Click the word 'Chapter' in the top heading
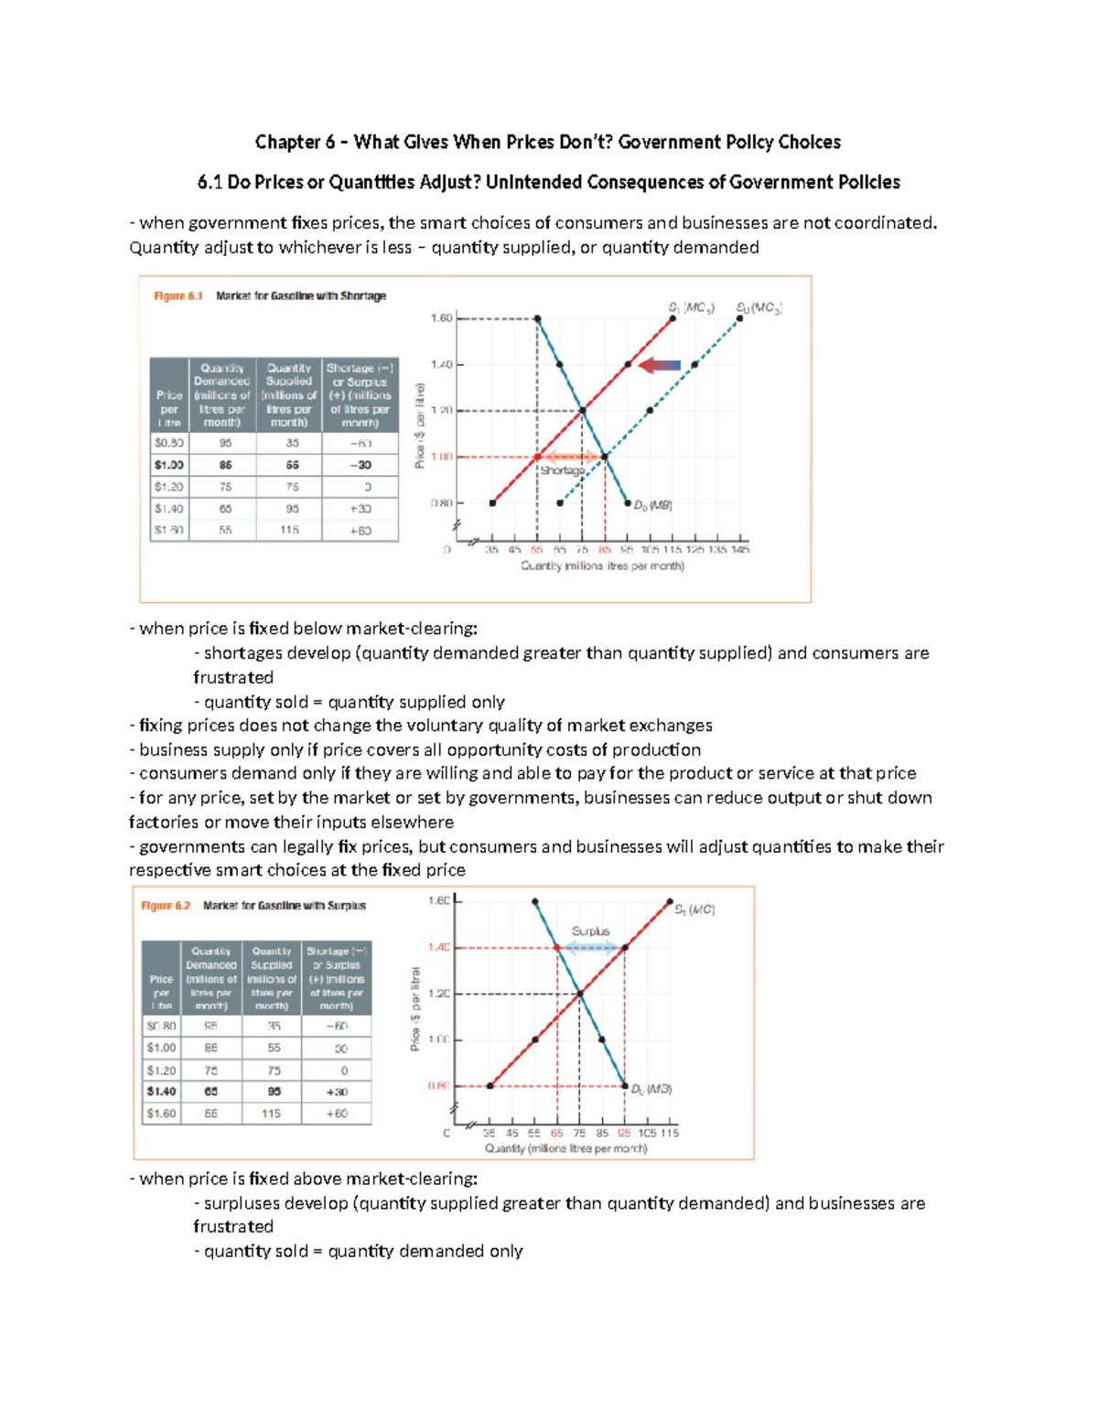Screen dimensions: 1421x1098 [x=288, y=142]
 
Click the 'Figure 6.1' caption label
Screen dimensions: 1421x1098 [x=178, y=296]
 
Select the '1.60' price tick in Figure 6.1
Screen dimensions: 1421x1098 [x=441, y=318]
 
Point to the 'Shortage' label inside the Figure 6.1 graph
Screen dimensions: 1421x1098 [x=562, y=470]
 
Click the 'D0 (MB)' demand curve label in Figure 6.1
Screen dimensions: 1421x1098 [x=653, y=504]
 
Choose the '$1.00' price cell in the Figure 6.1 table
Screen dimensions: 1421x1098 [x=169, y=465]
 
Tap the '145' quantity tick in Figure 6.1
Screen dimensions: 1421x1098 [x=740, y=550]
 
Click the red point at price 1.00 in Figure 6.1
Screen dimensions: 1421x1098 [x=538, y=457]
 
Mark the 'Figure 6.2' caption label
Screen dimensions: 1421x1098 [x=166, y=906]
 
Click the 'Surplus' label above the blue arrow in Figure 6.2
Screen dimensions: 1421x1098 [x=590, y=931]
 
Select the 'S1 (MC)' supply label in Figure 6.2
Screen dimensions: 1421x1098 [x=694, y=910]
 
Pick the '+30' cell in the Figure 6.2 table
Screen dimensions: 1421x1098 [x=337, y=1092]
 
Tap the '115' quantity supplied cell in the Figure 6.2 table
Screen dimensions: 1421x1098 [x=271, y=1114]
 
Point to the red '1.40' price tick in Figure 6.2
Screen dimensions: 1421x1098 [x=438, y=948]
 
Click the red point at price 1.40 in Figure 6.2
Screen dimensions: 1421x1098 [x=557, y=948]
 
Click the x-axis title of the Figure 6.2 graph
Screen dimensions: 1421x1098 [x=565, y=1148]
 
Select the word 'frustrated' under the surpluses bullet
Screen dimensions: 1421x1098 [x=233, y=1226]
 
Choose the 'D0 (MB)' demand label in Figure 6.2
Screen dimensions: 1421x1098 [x=651, y=1089]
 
